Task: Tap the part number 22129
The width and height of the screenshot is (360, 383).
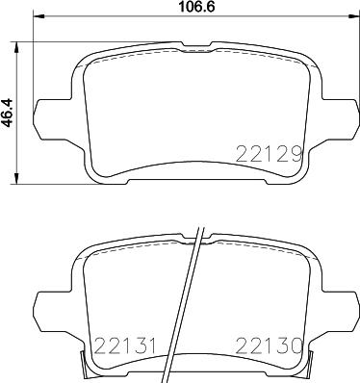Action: [x=270, y=152]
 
